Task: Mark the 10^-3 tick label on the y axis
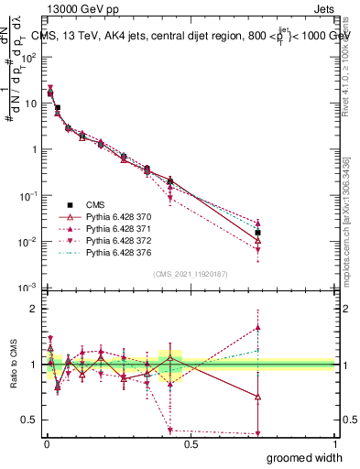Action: click(27, 288)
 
